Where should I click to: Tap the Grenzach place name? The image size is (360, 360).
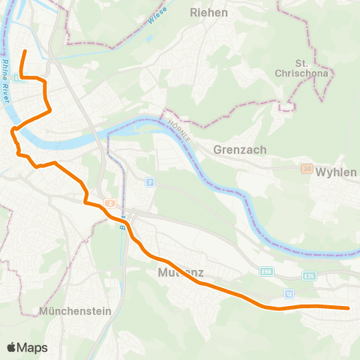coord(241,149)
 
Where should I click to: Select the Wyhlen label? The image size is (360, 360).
coord(335,172)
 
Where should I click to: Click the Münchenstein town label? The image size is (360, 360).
coord(76,310)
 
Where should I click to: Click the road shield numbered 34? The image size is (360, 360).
coord(306,169)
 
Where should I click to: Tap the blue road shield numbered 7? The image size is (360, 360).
coord(150,182)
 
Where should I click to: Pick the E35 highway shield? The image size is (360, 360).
coord(310,275)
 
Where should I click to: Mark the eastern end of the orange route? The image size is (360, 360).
coord(349,307)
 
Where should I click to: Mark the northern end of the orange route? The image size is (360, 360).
coord(25,51)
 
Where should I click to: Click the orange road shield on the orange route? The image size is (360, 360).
coord(109,202)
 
